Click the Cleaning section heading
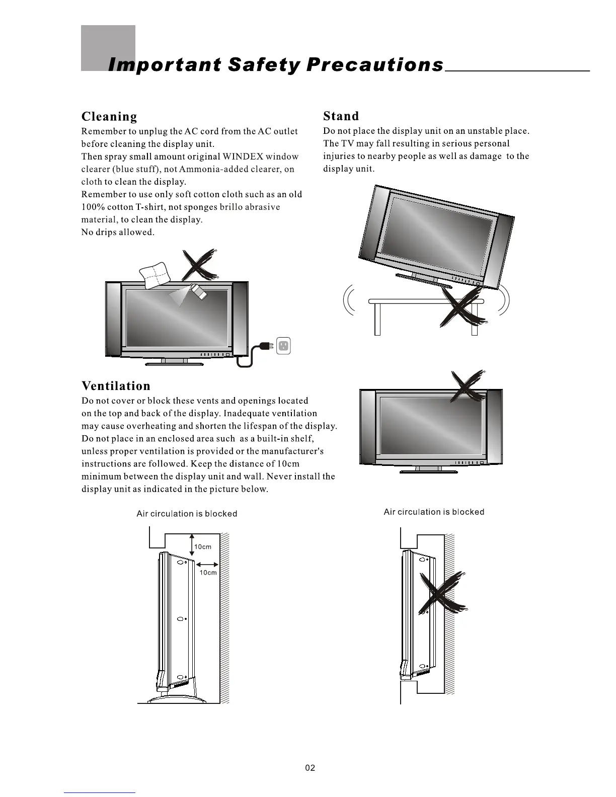tap(109, 117)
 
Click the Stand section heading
tap(341, 116)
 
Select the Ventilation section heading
tap(116, 386)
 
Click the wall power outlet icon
tap(284, 345)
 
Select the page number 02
tap(310, 768)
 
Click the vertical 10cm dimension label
tap(203, 547)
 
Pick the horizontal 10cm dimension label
tap(208, 573)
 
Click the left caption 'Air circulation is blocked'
tap(187, 514)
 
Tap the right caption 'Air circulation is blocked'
tap(434, 512)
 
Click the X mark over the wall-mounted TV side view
tap(443, 594)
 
